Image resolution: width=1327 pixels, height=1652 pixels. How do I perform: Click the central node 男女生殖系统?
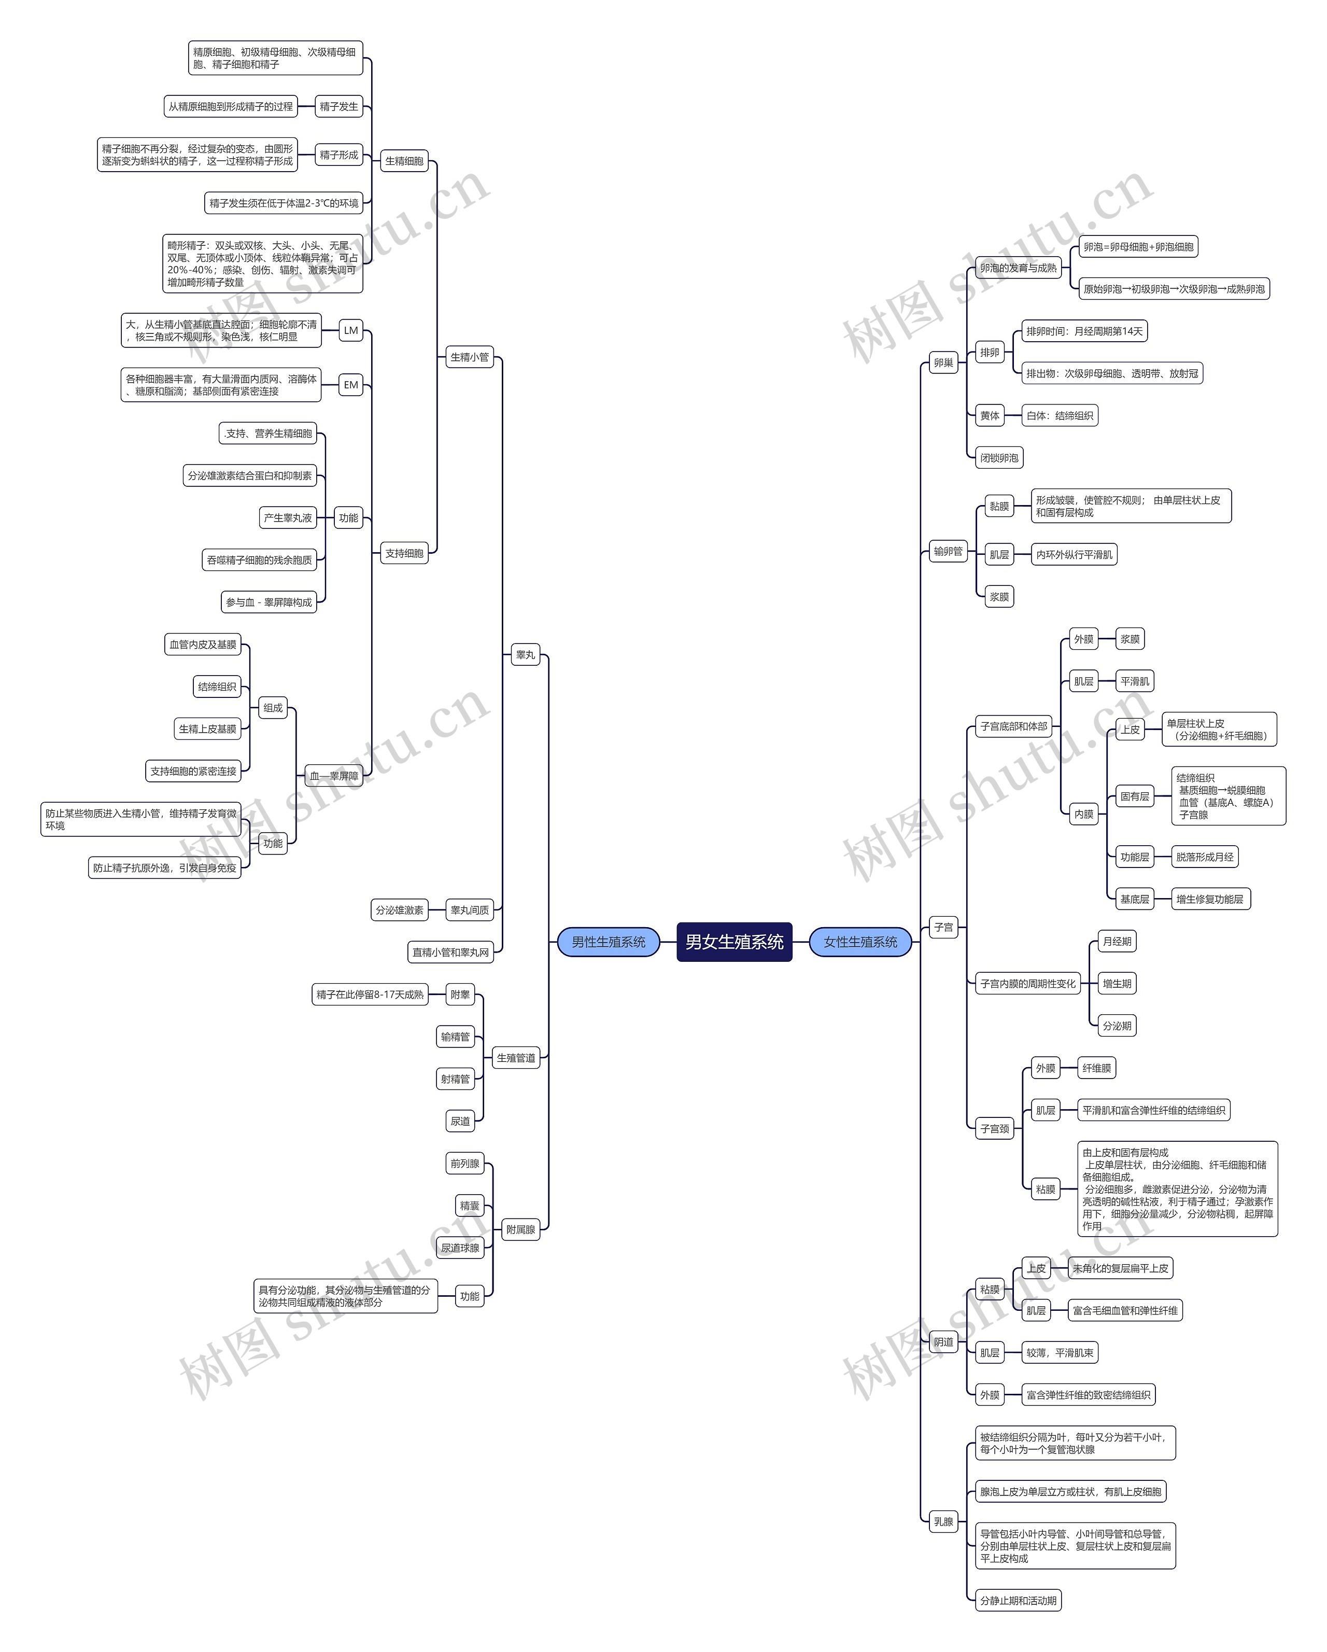click(733, 942)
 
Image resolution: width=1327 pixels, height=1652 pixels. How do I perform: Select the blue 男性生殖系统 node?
click(609, 942)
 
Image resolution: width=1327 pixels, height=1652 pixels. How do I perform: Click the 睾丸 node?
click(526, 655)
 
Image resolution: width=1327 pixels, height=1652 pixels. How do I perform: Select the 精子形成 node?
click(338, 155)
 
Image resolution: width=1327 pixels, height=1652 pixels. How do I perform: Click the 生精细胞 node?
click(404, 161)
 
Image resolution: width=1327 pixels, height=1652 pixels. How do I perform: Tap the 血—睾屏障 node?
click(333, 775)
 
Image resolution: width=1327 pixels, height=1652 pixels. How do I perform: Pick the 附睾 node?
click(460, 995)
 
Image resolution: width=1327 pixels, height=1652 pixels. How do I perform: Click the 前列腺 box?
click(464, 1163)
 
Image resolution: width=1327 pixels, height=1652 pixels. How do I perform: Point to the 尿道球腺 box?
click(460, 1248)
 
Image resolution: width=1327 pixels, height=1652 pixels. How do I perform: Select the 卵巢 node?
click(943, 362)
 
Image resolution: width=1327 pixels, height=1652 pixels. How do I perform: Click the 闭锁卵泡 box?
click(999, 457)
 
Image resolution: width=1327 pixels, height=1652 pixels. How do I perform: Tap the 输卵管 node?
click(948, 551)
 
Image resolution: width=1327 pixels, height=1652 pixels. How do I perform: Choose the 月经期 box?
click(1117, 941)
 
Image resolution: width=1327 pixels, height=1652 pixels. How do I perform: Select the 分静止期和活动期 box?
click(1018, 1600)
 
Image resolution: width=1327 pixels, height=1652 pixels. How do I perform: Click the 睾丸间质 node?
click(469, 911)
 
